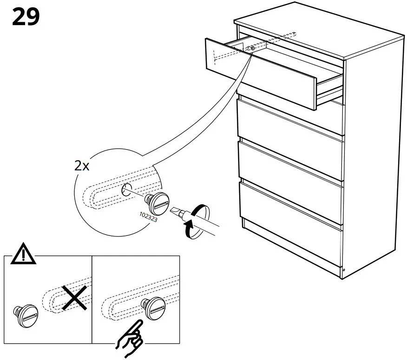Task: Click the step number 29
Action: (26, 17)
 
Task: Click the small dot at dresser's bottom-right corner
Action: (344, 270)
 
